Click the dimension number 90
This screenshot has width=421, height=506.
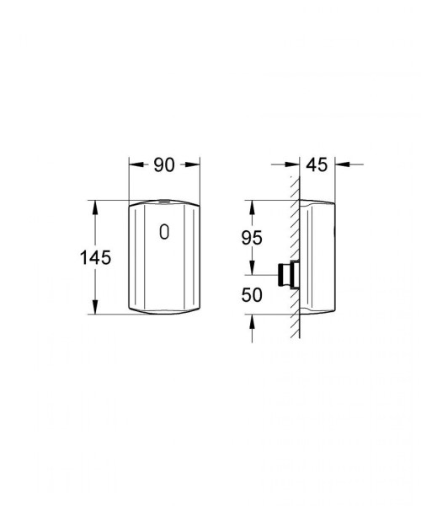pyautogui.click(x=164, y=165)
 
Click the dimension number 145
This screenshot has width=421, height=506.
pyautogui.click(x=95, y=258)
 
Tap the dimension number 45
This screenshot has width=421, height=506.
pyautogui.click(x=317, y=165)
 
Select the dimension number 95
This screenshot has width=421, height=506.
pyautogui.click(x=252, y=238)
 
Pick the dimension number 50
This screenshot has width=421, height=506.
pyautogui.click(x=252, y=295)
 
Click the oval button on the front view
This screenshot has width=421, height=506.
pyautogui.click(x=164, y=232)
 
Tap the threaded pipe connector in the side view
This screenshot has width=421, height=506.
pyautogui.click(x=288, y=275)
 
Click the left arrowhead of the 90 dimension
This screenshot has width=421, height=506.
pyautogui.click(x=136, y=164)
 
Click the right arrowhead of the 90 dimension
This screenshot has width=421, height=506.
pyautogui.click(x=194, y=164)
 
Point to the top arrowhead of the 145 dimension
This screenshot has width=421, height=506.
pyautogui.click(x=95, y=207)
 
